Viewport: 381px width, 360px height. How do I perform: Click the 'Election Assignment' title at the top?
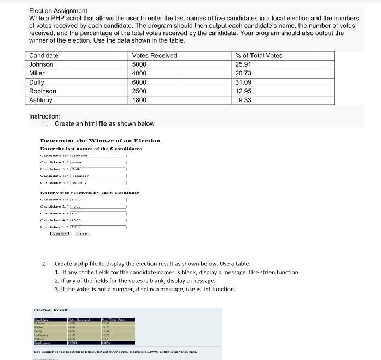[x=58, y=11]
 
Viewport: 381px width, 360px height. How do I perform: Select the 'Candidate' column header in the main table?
[x=44, y=56]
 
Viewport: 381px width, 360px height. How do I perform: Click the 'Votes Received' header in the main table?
[x=154, y=56]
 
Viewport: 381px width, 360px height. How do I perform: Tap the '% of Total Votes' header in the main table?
[x=259, y=56]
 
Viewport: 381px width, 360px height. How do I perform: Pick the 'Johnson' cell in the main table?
[x=41, y=64]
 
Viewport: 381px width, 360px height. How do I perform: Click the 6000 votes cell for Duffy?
[x=139, y=82]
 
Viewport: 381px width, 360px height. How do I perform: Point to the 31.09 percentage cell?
[x=243, y=82]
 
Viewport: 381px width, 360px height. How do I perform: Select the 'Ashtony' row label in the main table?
[x=40, y=100]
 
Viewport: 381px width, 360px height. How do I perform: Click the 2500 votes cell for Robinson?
[x=139, y=91]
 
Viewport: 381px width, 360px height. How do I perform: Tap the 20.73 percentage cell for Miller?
[x=243, y=73]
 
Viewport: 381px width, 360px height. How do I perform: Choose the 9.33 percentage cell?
[x=245, y=100]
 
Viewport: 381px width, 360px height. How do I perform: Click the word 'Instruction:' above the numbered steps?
[x=45, y=116]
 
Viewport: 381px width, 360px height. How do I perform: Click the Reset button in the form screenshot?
[x=83, y=234]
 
